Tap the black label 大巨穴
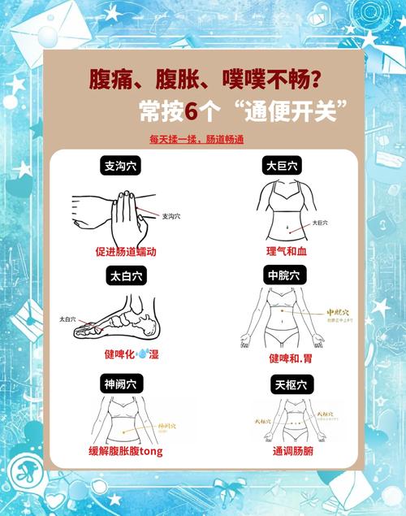(283, 166)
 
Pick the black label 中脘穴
(283, 276)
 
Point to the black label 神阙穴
(119, 383)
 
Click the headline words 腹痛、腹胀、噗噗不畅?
(204, 80)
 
